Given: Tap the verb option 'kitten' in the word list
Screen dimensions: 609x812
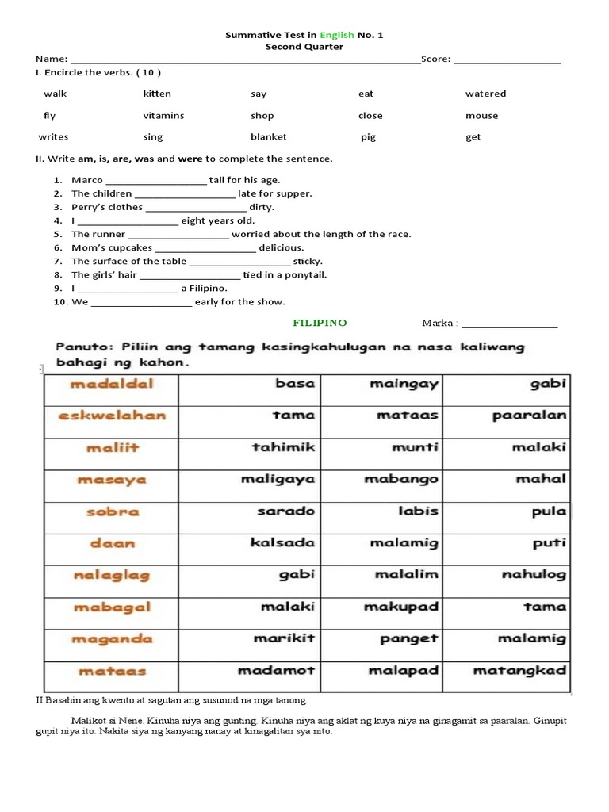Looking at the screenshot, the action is point(157,94).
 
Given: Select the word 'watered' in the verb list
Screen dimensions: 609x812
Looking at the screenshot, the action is point(485,94).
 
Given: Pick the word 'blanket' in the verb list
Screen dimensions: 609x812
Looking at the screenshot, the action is point(269,137).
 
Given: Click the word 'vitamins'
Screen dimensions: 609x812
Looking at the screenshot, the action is point(163,116).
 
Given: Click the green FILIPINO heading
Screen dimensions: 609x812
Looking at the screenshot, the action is point(320,323).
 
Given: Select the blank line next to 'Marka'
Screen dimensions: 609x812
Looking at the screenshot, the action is point(510,324).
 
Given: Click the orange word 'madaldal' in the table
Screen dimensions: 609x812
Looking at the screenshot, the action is point(112,384).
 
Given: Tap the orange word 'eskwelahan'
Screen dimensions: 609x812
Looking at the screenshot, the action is point(112,415).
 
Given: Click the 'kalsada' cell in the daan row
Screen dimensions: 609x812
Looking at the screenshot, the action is point(282,543).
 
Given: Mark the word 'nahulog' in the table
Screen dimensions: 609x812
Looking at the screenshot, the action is point(534,575).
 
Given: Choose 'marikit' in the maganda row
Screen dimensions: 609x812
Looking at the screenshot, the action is point(284,638).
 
